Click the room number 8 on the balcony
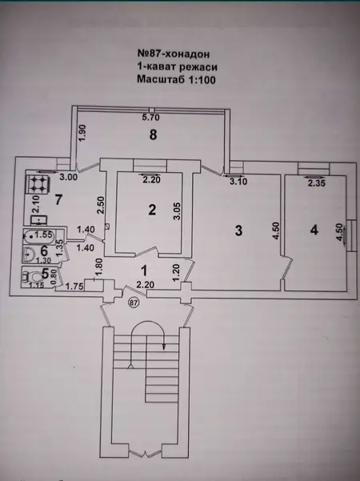[153, 134]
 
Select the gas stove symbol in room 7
[37, 185]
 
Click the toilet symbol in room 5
[33, 276]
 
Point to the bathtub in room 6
[39, 236]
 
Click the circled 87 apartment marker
[134, 303]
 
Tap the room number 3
[238, 230]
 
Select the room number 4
[314, 230]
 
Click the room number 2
[152, 210]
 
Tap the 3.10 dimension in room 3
[238, 182]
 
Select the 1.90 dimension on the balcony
[83, 134]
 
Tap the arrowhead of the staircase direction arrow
[164, 347]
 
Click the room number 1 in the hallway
[143, 271]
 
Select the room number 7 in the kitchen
[58, 199]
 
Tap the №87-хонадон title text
[174, 54]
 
